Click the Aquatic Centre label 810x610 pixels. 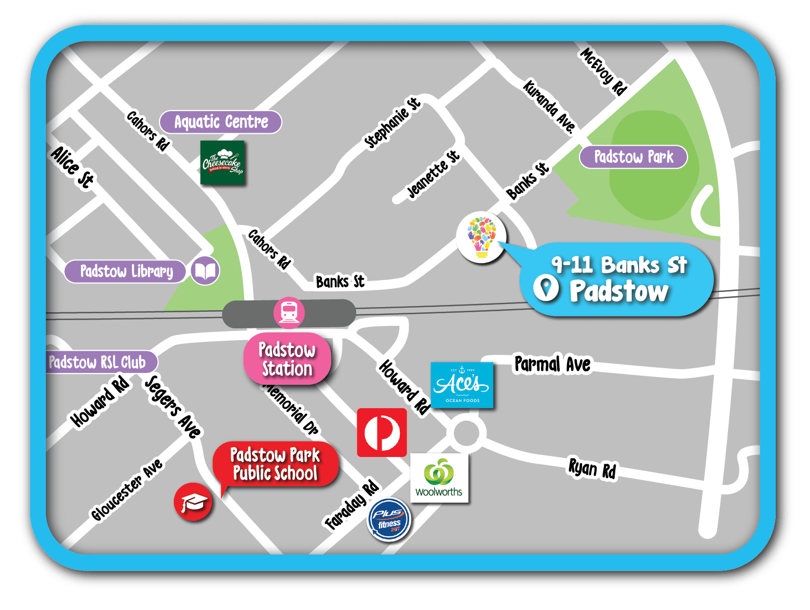[x=221, y=122]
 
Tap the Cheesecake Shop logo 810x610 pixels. [x=222, y=162]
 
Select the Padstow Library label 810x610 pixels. [x=126, y=271]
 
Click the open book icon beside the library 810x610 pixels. [x=205, y=271]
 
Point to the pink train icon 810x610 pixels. [x=289, y=312]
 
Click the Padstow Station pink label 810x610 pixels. [x=287, y=359]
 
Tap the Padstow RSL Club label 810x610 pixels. [x=98, y=362]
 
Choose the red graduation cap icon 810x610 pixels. [x=193, y=502]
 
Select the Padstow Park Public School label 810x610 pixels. [x=275, y=464]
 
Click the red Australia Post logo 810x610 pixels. [x=382, y=432]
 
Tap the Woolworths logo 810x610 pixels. [x=439, y=478]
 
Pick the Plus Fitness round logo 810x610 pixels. [x=389, y=519]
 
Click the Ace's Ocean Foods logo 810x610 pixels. [x=462, y=385]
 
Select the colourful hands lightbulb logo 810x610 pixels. [x=481, y=237]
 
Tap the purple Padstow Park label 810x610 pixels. [x=633, y=157]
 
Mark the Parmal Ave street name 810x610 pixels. [x=552, y=364]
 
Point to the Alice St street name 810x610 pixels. [x=73, y=167]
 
